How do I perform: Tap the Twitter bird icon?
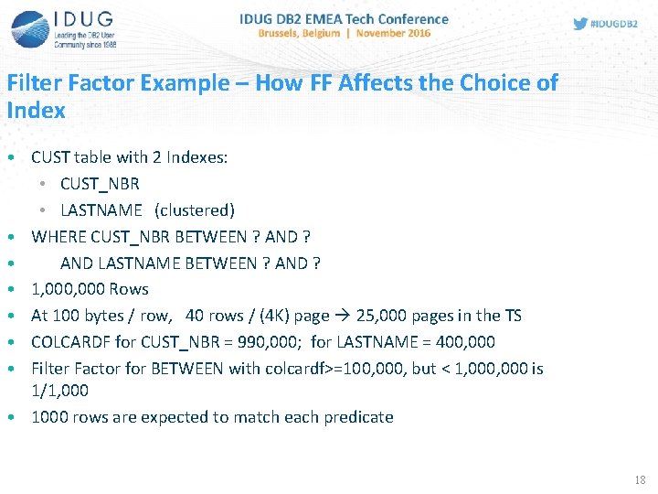(580, 24)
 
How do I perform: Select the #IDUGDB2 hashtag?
(614, 24)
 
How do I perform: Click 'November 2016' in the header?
(393, 34)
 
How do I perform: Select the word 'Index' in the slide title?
(36, 111)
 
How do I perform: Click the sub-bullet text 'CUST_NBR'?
(100, 184)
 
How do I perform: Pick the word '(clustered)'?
(195, 210)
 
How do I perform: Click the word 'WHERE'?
(58, 237)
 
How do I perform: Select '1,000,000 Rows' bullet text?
(90, 289)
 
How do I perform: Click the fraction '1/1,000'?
(59, 390)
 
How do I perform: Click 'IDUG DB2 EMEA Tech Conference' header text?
(344, 18)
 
